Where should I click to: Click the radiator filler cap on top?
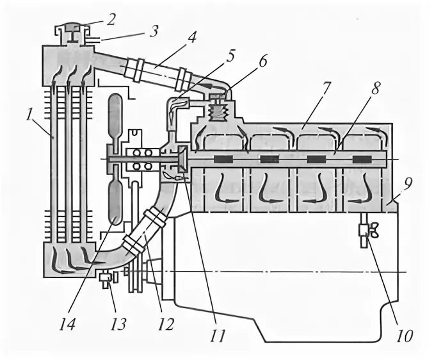(x=72, y=30)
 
